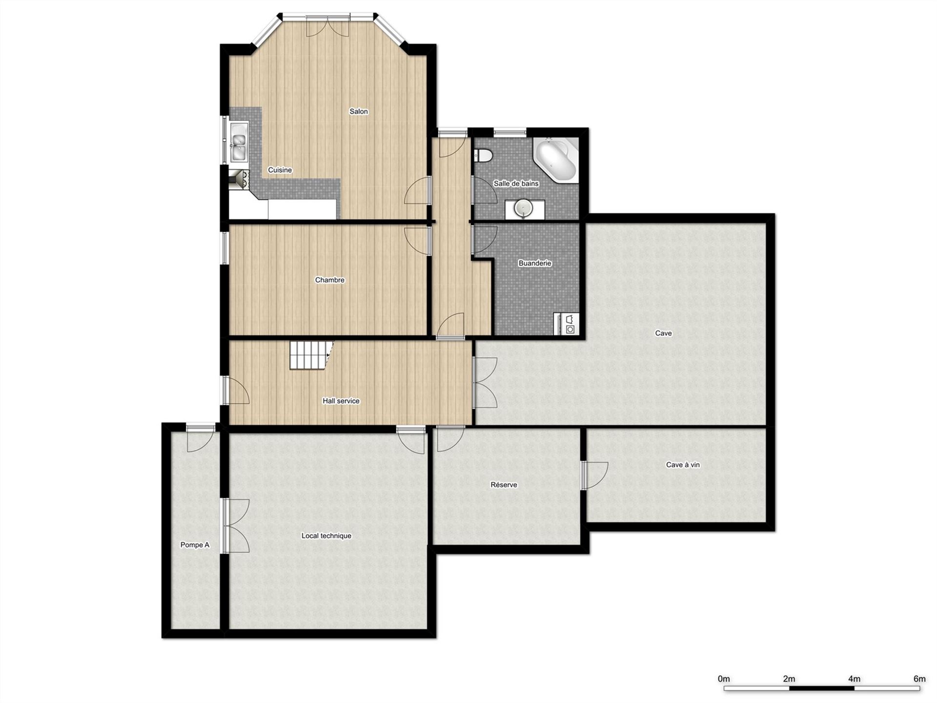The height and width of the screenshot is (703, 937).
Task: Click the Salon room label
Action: pos(358,111)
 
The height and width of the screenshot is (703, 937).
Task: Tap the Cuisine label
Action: pos(280,170)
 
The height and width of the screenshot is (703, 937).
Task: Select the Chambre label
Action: pos(329,280)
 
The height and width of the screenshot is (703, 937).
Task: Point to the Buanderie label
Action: pos(534,263)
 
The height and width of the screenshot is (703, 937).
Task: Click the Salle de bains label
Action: pos(516,184)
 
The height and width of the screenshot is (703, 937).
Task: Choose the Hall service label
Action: pos(341,401)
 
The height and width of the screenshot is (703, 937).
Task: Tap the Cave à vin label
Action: pos(682,465)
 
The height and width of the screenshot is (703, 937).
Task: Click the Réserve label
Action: pos(504,485)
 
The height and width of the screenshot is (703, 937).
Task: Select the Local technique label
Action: pos(326,536)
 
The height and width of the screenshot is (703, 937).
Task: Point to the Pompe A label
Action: pos(195,545)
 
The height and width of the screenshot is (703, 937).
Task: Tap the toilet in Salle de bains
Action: pos(483,155)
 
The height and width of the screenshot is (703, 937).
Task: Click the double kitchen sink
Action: pos(239,141)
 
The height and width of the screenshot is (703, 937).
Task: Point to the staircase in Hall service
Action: pos(311,355)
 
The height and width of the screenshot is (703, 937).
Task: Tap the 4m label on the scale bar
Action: pos(854,679)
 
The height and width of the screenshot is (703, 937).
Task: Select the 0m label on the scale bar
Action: pos(724,679)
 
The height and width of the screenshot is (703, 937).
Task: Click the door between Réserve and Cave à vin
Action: pos(593,475)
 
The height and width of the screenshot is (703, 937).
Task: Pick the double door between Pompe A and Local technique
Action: pos(236,526)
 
